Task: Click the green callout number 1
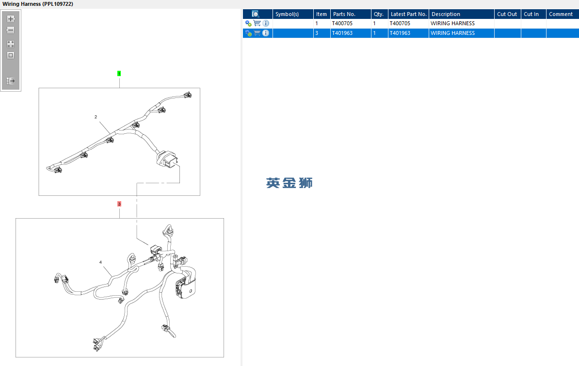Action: tap(119, 74)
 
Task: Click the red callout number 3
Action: tap(119, 204)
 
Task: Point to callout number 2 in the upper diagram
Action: tap(96, 117)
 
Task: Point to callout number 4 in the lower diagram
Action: tap(100, 262)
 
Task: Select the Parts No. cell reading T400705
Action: tap(342, 23)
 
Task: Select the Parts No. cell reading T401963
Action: tap(342, 33)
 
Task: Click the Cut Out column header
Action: tap(507, 14)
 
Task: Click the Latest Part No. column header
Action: tap(408, 14)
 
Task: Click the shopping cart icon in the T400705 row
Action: tap(257, 23)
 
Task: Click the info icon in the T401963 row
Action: tap(266, 33)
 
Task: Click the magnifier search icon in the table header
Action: tap(256, 14)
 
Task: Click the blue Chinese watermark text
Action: tap(289, 183)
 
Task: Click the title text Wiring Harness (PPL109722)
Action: tap(38, 4)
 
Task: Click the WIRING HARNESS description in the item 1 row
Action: tap(452, 23)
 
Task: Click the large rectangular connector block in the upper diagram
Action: tap(168, 159)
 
